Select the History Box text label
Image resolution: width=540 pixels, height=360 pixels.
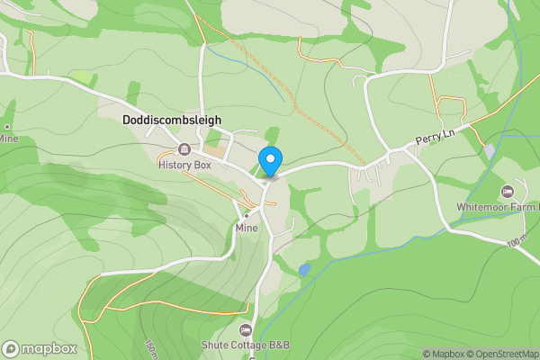(184, 165)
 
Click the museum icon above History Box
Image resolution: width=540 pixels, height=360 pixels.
(184, 149)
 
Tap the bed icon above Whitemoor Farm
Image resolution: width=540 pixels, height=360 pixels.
(508, 192)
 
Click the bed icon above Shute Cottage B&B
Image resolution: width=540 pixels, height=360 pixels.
(246, 329)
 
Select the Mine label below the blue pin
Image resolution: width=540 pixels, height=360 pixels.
(247, 228)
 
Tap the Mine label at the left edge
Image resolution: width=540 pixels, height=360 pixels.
(8, 139)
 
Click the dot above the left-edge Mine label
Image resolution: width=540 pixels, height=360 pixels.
(7, 127)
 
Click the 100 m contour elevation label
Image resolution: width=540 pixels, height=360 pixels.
(516, 242)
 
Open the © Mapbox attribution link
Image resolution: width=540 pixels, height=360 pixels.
(445, 354)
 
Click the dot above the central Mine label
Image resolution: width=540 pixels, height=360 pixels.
(246, 216)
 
